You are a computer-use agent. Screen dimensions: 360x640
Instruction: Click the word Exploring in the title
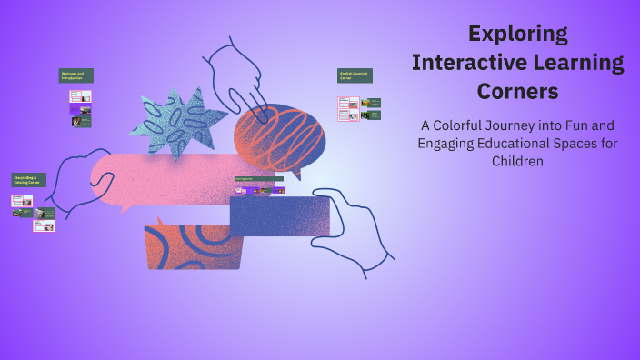coord(517,34)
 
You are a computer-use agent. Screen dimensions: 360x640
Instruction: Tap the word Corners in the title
coord(517,91)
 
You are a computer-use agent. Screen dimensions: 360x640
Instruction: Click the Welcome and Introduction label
coord(76,75)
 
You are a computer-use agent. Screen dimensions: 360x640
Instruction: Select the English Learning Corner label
coord(355,75)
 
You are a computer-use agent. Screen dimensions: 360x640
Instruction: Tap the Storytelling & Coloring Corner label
coord(28,180)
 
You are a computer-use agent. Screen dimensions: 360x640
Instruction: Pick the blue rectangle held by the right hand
coord(278,216)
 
